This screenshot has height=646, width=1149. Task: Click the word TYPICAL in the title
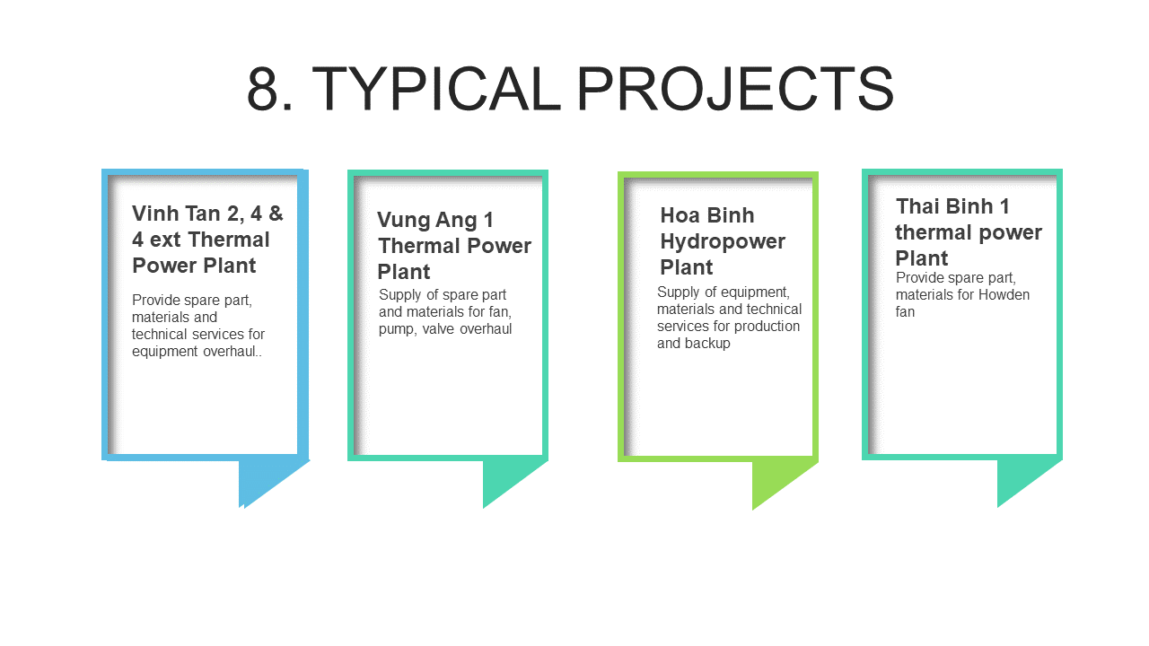(435, 88)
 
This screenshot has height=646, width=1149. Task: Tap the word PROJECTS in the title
(735, 88)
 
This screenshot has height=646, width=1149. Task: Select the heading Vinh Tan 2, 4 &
(207, 214)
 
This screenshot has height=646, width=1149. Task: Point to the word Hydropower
(723, 241)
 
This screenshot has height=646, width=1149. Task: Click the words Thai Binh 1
(952, 206)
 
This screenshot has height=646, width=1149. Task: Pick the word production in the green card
(767, 326)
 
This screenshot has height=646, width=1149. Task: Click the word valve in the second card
(439, 328)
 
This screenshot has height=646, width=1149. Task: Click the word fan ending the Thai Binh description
(905, 311)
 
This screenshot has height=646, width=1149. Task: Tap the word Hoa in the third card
(678, 215)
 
